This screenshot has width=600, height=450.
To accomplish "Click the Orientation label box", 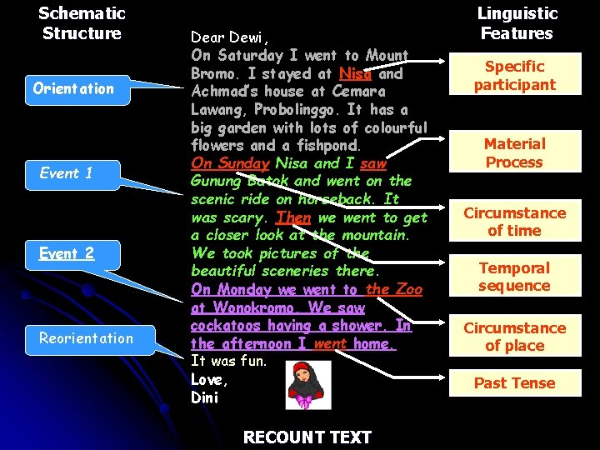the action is (73, 88).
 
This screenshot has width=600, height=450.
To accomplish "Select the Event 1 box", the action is (67, 173).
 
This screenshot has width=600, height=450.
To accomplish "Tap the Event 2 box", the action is (67, 253).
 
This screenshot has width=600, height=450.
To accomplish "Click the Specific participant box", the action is (514, 75).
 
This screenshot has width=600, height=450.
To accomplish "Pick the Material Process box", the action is (514, 153).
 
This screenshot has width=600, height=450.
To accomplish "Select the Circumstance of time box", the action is (514, 222).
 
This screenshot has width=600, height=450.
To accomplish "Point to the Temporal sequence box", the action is (514, 277).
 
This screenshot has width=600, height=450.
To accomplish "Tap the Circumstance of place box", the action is (514, 337).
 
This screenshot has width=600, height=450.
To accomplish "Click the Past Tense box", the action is (514, 383).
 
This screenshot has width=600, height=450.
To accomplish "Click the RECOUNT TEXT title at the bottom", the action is (307, 437).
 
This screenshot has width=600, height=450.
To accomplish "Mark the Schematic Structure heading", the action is (82, 23).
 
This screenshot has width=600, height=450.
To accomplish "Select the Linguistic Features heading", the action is (517, 23).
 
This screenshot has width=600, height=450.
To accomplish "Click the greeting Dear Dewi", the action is (230, 37).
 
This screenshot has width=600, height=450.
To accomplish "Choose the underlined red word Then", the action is (293, 217).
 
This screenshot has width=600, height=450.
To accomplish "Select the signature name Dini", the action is (205, 397).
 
